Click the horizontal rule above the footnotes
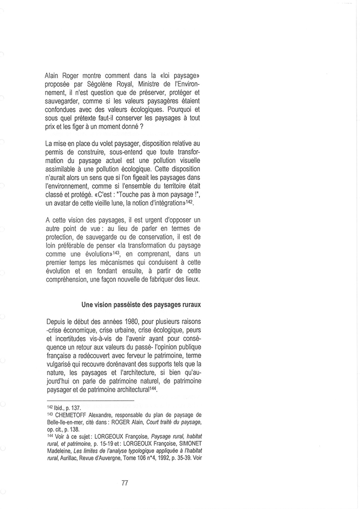coord(90,401)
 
